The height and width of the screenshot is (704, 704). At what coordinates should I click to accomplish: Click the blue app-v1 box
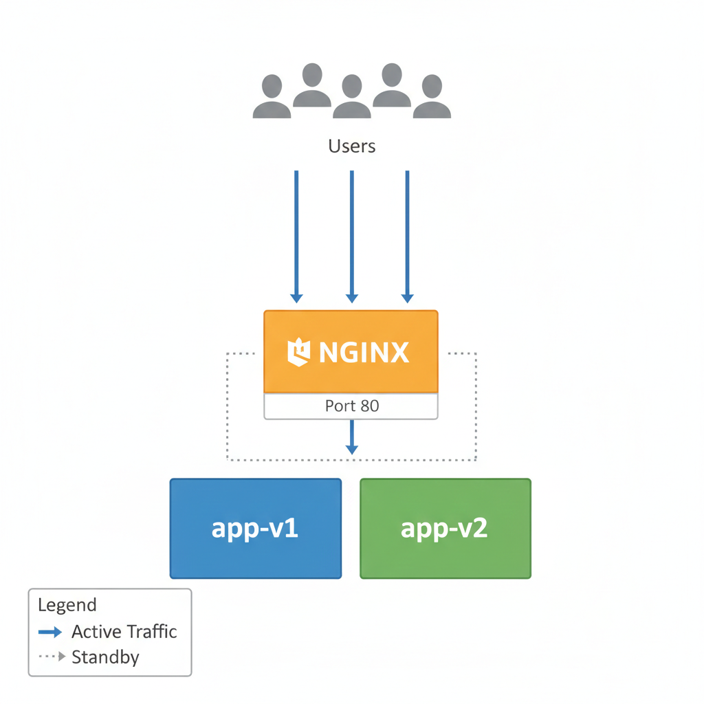[256, 529]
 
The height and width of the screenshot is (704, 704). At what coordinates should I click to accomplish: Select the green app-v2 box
[445, 529]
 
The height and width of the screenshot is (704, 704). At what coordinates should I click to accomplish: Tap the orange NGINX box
[351, 351]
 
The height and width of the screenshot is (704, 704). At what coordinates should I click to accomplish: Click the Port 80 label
[351, 406]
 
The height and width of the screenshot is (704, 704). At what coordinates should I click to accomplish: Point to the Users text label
[352, 146]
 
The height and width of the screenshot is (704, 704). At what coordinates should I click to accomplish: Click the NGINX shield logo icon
[298, 352]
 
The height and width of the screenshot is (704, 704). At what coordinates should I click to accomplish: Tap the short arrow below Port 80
[352, 437]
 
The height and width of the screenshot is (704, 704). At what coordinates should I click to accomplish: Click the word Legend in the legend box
[67, 605]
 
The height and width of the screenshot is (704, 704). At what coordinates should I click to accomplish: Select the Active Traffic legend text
[124, 632]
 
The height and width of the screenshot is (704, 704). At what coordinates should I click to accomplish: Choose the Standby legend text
[105, 657]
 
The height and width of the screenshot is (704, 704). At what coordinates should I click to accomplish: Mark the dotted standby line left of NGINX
[228, 406]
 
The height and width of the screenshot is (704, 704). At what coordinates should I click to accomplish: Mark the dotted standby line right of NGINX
[476, 406]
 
